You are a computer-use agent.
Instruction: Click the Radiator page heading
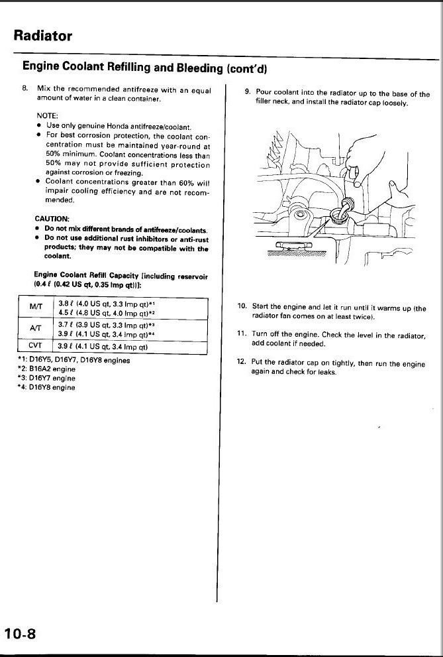point(42,35)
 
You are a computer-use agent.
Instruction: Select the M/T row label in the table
point(36,307)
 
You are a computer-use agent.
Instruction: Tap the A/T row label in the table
point(36,328)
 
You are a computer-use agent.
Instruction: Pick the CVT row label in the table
point(36,346)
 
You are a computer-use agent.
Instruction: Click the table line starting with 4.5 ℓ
point(107,312)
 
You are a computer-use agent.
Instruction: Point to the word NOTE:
point(46,114)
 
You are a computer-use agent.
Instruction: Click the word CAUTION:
point(52,217)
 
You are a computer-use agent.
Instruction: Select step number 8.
point(25,89)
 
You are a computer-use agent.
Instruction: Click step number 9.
point(248,93)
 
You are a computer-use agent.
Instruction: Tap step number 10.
point(242,306)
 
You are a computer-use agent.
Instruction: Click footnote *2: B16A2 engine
point(46,369)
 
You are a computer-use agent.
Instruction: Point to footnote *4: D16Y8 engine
point(46,388)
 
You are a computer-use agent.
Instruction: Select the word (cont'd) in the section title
point(246,68)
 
